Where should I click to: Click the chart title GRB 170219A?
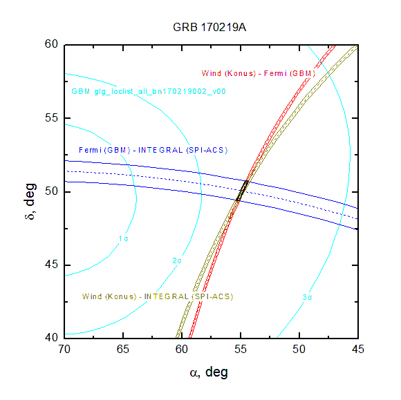[209, 28]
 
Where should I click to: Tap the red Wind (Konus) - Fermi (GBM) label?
[259, 74]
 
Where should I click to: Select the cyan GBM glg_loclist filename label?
[149, 91]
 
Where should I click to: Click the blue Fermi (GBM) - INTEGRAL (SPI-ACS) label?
[153, 150]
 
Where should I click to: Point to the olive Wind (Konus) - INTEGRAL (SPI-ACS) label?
[158, 296]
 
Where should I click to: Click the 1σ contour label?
[123, 239]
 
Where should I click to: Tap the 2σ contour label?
[177, 260]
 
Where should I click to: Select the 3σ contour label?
[307, 297]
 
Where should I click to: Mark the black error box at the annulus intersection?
[243, 191]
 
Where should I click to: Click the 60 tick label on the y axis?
[52, 44]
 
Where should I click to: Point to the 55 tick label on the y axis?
[52, 118]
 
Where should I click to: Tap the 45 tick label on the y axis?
[52, 265]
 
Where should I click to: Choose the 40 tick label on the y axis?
[52, 338]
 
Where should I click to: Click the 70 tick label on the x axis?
[64, 349]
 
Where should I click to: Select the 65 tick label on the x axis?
[123, 349]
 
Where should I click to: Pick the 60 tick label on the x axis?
[182, 349]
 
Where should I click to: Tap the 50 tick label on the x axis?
[299, 349]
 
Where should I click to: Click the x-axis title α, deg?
[209, 372]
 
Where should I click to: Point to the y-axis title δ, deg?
[30, 202]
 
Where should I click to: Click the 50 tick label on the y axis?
[52, 191]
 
